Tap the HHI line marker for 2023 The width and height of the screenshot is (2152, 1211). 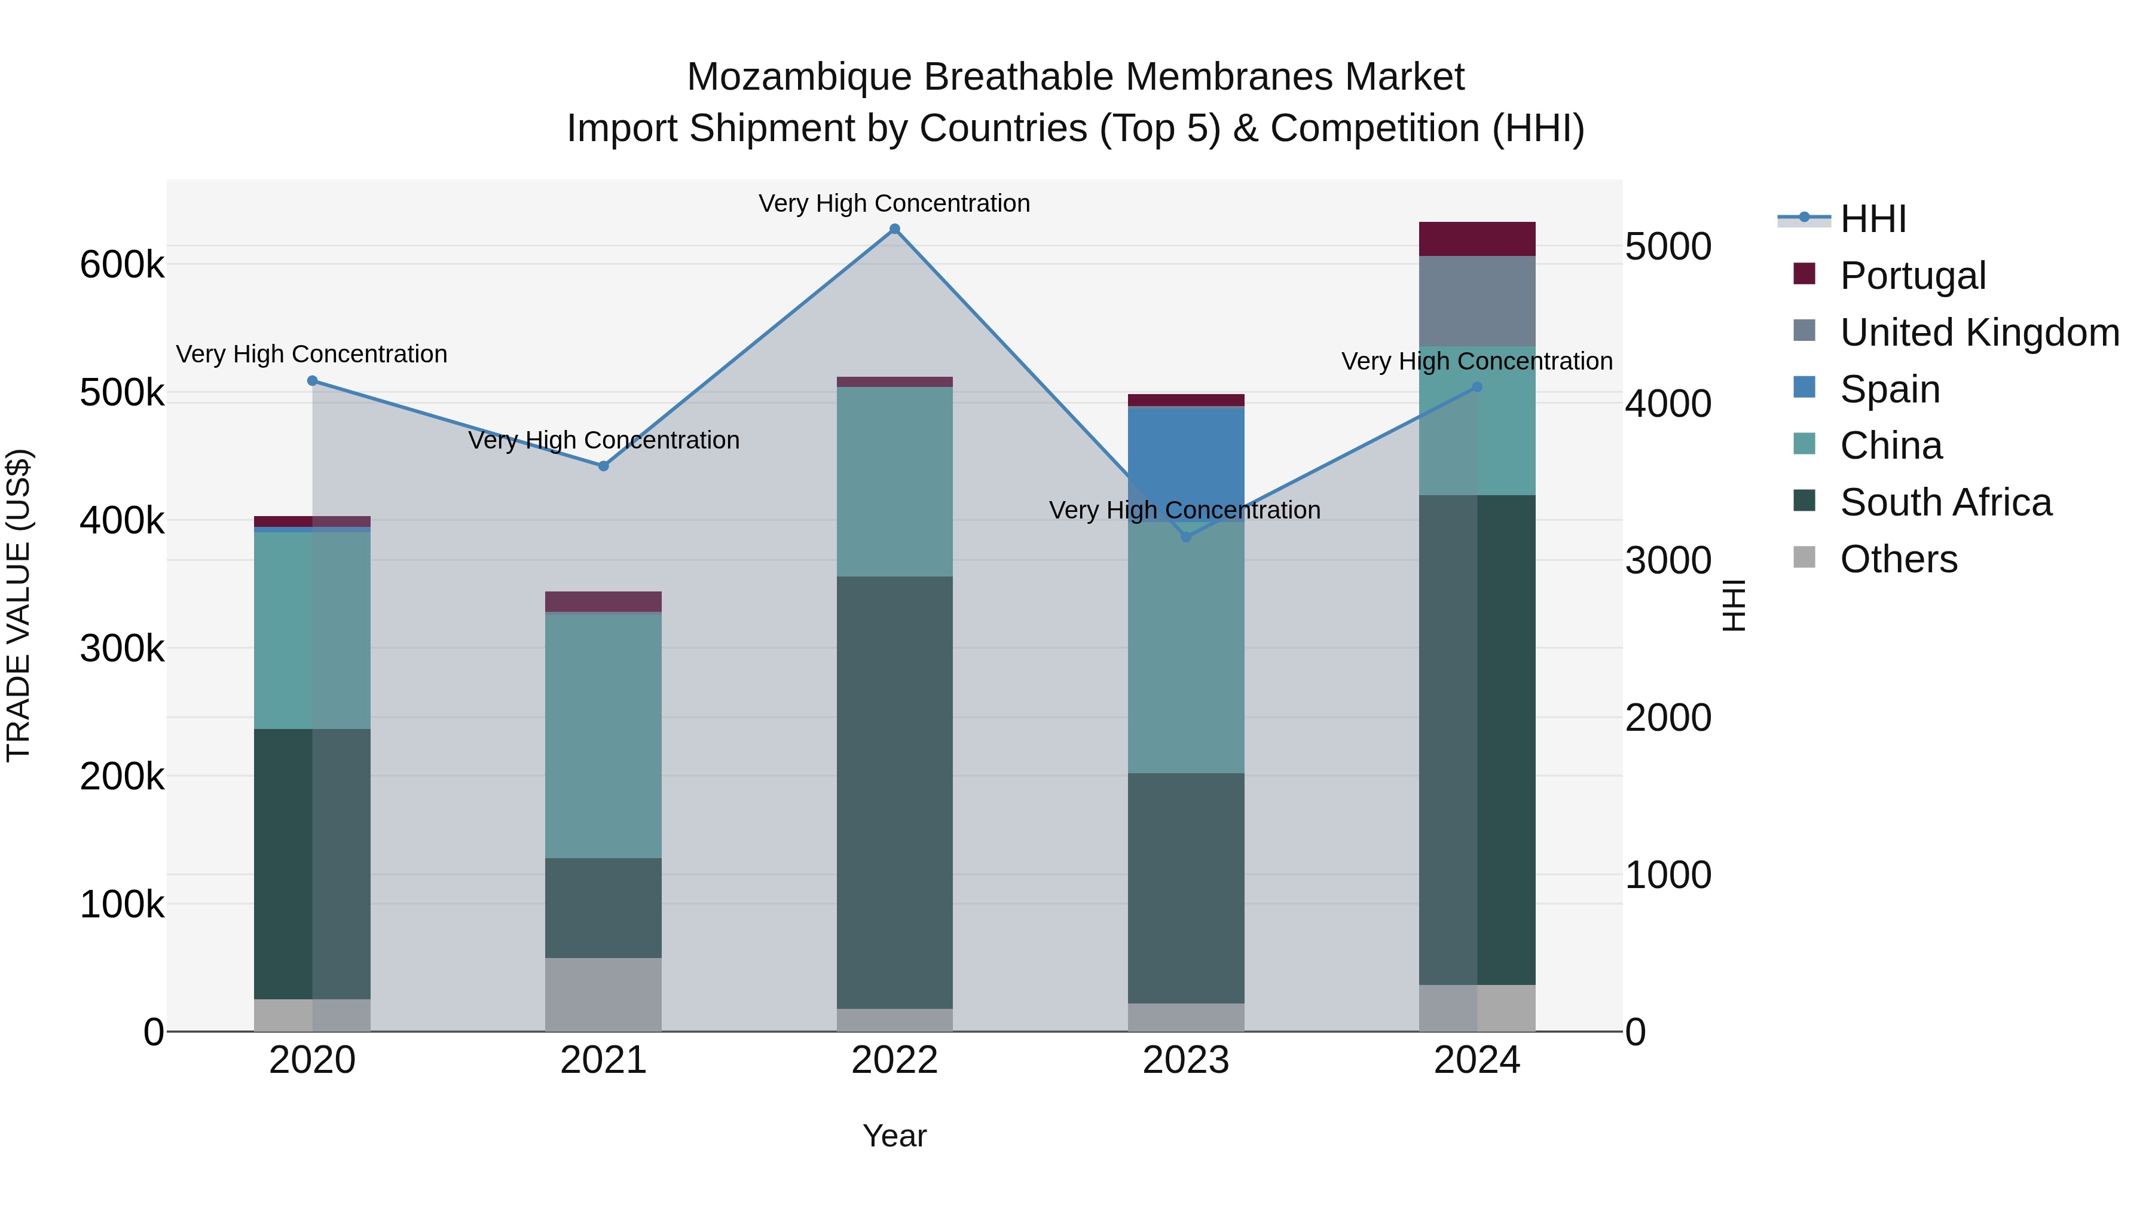click(x=1185, y=536)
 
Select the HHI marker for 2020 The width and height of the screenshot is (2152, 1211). click(x=313, y=381)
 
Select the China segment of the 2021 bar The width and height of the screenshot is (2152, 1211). click(x=603, y=736)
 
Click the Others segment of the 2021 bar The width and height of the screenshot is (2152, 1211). click(x=603, y=995)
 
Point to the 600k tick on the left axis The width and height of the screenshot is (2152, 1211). click(x=122, y=266)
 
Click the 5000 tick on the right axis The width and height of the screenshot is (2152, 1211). click(x=1667, y=248)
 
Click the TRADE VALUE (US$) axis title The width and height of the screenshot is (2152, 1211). click(x=19, y=605)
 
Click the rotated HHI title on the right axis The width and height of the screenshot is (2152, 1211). click(x=1734, y=605)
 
